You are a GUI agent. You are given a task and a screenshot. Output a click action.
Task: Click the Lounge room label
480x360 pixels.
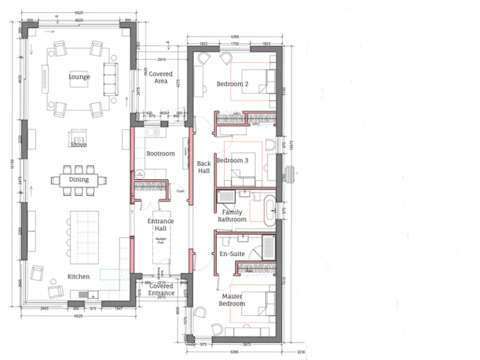click(79, 77)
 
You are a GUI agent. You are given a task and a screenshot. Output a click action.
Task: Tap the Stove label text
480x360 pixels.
click(79, 144)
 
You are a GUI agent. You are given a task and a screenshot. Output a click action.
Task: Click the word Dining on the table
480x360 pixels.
click(79, 179)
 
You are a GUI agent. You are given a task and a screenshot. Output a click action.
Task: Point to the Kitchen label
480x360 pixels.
click(79, 276)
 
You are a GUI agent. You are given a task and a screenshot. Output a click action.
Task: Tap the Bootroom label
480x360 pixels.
click(160, 153)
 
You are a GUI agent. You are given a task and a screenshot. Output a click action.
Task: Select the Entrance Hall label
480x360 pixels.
click(160, 225)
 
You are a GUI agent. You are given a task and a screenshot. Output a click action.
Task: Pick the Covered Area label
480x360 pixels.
click(161, 77)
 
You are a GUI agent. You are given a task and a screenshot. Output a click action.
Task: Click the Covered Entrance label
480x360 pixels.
click(161, 289)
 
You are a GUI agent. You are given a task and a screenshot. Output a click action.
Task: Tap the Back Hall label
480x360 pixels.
click(204, 167)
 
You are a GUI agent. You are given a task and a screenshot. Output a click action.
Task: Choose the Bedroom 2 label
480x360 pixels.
click(232, 84)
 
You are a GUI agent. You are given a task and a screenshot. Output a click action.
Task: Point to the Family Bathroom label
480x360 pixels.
click(230, 216)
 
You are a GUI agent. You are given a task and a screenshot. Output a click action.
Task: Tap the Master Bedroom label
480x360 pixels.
click(232, 300)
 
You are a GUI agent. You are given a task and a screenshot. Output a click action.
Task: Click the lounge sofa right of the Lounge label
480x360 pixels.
click(110, 77)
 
